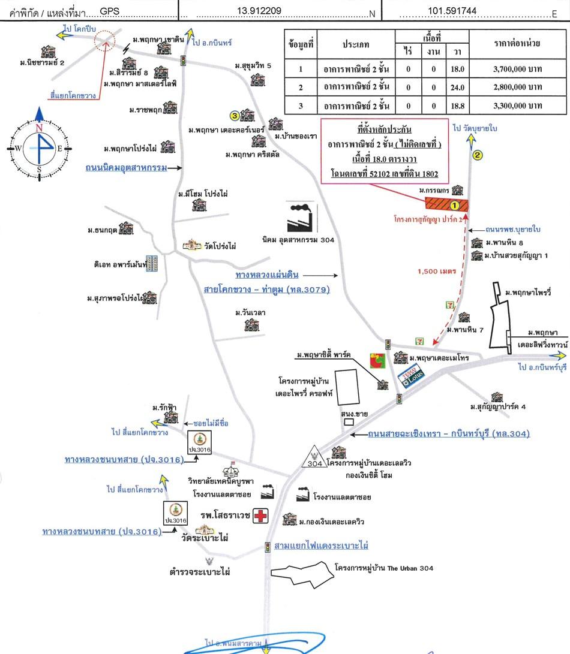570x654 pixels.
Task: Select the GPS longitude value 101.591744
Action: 452,11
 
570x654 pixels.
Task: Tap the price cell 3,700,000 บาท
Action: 517,69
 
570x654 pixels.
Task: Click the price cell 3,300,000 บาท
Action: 517,106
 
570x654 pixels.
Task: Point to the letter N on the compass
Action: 39,128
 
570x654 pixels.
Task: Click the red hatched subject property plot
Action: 446,204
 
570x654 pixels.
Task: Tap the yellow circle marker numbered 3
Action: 235,115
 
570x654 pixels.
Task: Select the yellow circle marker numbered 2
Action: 478,155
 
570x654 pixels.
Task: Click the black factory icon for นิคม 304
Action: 302,217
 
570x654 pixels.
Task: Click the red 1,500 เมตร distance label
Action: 437,271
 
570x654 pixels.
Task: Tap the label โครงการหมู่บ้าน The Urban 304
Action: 384,568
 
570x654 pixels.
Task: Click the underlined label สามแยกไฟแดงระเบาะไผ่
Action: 321,545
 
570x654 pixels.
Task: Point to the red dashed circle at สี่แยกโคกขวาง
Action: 106,39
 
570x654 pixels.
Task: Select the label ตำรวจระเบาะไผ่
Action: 200,572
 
